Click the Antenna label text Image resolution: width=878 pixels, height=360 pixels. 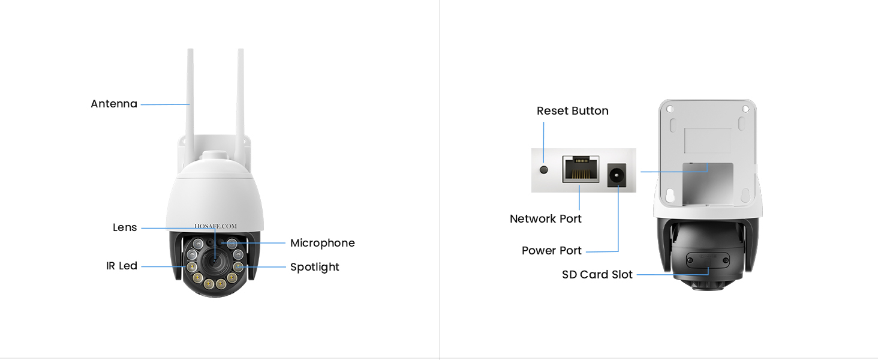point(114,104)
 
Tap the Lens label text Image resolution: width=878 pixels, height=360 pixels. point(125,227)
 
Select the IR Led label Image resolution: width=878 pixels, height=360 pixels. point(122,266)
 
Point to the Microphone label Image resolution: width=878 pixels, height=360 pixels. point(322,243)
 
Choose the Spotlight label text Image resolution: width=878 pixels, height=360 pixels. point(314,267)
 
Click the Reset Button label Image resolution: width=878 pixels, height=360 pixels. point(572,111)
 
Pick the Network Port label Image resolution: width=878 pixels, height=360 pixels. point(545,219)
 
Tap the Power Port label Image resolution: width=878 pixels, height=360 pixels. point(551,251)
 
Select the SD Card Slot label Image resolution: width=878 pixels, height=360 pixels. point(597,275)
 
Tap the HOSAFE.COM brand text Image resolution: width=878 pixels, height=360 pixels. point(215,226)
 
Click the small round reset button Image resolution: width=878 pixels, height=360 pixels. point(544,170)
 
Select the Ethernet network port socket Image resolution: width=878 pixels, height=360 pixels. point(580,170)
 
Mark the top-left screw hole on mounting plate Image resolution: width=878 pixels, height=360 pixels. point(670,109)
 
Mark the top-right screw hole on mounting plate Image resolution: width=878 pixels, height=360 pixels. point(745,109)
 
